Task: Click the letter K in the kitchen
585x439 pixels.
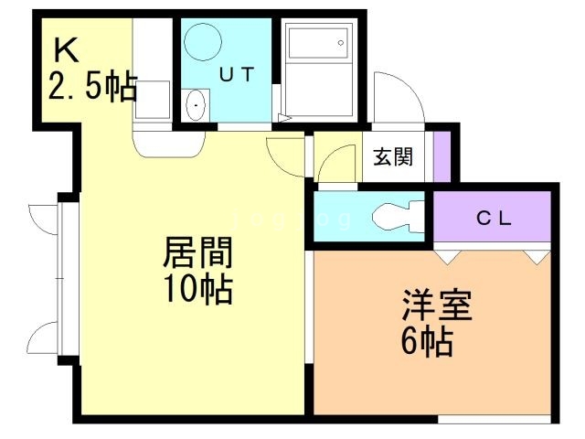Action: click(x=65, y=48)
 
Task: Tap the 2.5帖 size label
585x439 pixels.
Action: click(x=92, y=88)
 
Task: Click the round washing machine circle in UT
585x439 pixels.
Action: click(x=201, y=41)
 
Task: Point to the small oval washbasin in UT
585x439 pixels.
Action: click(x=196, y=106)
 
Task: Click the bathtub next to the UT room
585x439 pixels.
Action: click(x=317, y=69)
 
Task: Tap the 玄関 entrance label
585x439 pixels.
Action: click(x=392, y=156)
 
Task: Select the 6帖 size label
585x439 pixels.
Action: click(x=427, y=342)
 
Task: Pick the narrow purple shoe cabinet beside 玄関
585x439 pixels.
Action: click(x=442, y=156)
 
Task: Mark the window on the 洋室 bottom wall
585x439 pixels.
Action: click(x=494, y=420)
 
